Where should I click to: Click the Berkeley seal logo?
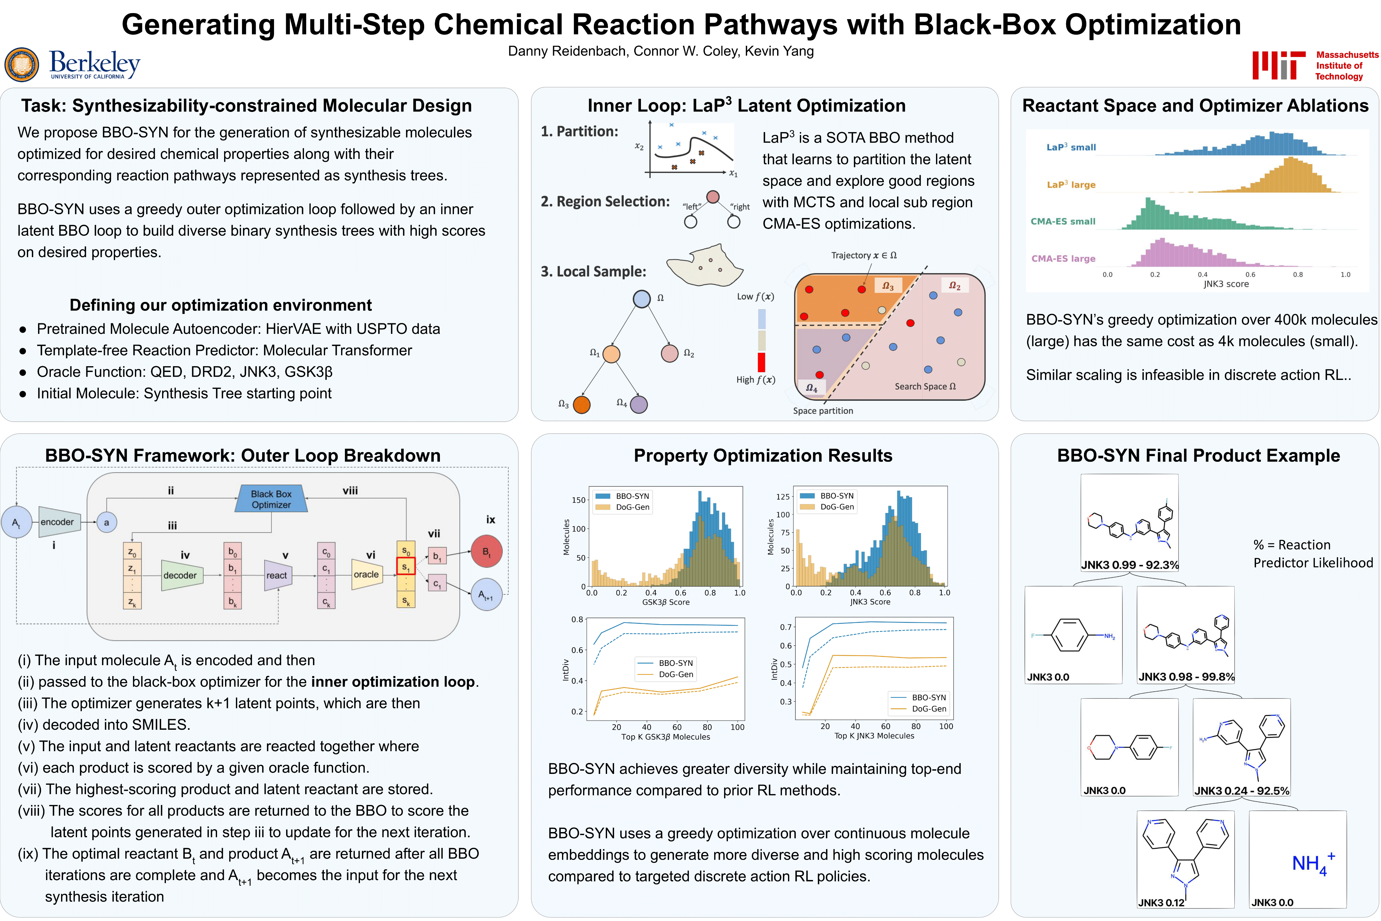[x=22, y=65]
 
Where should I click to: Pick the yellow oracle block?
[x=366, y=574]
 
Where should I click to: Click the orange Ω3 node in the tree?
[x=581, y=405]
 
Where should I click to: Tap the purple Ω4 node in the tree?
[x=639, y=404]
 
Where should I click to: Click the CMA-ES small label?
[x=1063, y=221]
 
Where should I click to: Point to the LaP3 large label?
[x=1071, y=185]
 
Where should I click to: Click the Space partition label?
[x=823, y=411]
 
